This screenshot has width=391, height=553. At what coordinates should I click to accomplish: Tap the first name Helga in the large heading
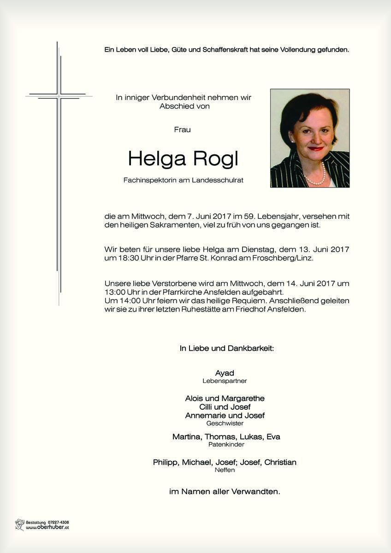(156, 159)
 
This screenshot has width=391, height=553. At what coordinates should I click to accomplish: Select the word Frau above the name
(182, 130)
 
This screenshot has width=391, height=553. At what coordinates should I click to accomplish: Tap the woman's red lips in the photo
(316, 149)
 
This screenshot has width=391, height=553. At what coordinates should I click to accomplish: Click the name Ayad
(225, 373)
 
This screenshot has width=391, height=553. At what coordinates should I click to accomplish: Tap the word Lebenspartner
(225, 381)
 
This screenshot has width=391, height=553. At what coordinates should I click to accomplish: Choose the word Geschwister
(225, 423)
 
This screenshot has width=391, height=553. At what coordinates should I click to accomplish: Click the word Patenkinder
(226, 445)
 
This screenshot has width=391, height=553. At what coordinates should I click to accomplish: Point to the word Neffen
(225, 470)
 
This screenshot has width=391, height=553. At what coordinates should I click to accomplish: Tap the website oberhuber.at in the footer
(47, 528)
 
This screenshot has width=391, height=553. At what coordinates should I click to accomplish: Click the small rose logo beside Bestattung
(19, 524)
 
